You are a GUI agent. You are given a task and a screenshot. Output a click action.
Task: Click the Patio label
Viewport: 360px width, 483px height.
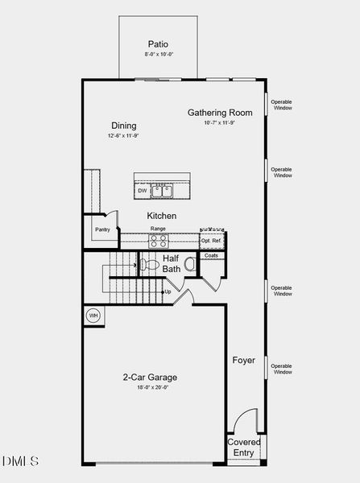pyautogui.click(x=158, y=43)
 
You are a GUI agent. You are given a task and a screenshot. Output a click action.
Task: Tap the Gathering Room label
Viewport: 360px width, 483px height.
pyautogui.click(x=220, y=113)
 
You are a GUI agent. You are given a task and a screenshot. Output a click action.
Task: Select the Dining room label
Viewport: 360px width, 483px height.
pyautogui.click(x=123, y=126)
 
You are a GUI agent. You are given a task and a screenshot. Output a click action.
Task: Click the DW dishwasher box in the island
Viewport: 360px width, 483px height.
pyautogui.click(x=143, y=191)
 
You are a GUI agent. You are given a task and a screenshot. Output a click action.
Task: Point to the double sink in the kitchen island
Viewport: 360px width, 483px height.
pyautogui.click(x=163, y=191)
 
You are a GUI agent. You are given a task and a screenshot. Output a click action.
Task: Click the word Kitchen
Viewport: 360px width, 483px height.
pyautogui.click(x=161, y=216)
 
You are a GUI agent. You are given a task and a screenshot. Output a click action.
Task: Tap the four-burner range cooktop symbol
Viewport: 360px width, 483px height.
pyautogui.click(x=158, y=240)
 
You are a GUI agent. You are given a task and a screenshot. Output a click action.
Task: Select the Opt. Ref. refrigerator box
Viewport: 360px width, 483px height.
pyautogui.click(x=211, y=241)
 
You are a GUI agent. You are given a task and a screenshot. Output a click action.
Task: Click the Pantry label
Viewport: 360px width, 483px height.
pyautogui.click(x=102, y=229)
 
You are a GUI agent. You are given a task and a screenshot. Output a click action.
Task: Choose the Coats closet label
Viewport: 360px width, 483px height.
pyautogui.click(x=211, y=255)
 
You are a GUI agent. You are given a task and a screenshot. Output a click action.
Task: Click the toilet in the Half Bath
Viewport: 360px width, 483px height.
pyautogui.click(x=149, y=263)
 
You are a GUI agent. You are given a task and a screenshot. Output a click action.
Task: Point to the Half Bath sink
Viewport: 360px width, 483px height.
pyautogui.click(x=190, y=263)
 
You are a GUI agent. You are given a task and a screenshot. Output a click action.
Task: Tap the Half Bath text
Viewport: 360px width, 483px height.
pyautogui.click(x=171, y=263)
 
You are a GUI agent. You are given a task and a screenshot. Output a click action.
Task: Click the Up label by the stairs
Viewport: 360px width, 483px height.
pyautogui.click(x=168, y=291)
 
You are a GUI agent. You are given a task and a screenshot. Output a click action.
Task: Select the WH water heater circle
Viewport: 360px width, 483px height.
pyautogui.click(x=93, y=315)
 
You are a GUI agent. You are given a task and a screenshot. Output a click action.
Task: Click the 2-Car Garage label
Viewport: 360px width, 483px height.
pyautogui.click(x=150, y=377)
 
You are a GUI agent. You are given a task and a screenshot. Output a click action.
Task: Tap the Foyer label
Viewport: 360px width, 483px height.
pyautogui.click(x=244, y=360)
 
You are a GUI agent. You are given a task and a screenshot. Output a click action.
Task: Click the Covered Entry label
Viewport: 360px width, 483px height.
pyautogui.click(x=244, y=448)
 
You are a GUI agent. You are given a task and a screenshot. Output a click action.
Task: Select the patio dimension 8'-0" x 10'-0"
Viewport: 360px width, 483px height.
pyautogui.click(x=158, y=54)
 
